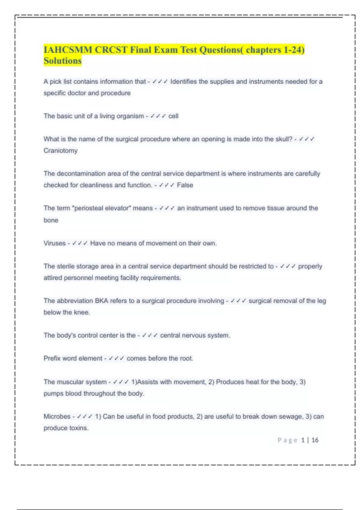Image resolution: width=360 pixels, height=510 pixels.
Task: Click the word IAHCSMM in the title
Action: [68, 49]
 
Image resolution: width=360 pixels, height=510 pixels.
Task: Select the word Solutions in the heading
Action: [62, 61]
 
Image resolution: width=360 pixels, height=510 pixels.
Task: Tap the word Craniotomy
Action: [61, 151]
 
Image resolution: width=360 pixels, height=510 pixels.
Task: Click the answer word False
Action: [185, 185]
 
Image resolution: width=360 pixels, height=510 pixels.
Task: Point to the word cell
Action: [173, 116]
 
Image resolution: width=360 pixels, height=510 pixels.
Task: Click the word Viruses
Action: [54, 243]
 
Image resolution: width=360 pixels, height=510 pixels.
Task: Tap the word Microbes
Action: [57, 416]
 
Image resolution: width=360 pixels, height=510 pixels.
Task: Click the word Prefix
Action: [52, 358]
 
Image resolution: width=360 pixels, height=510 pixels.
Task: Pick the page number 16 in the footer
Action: [315, 440]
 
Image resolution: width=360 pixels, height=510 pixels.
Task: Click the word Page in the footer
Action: [287, 440]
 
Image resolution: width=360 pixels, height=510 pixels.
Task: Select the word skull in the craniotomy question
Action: [283, 139]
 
